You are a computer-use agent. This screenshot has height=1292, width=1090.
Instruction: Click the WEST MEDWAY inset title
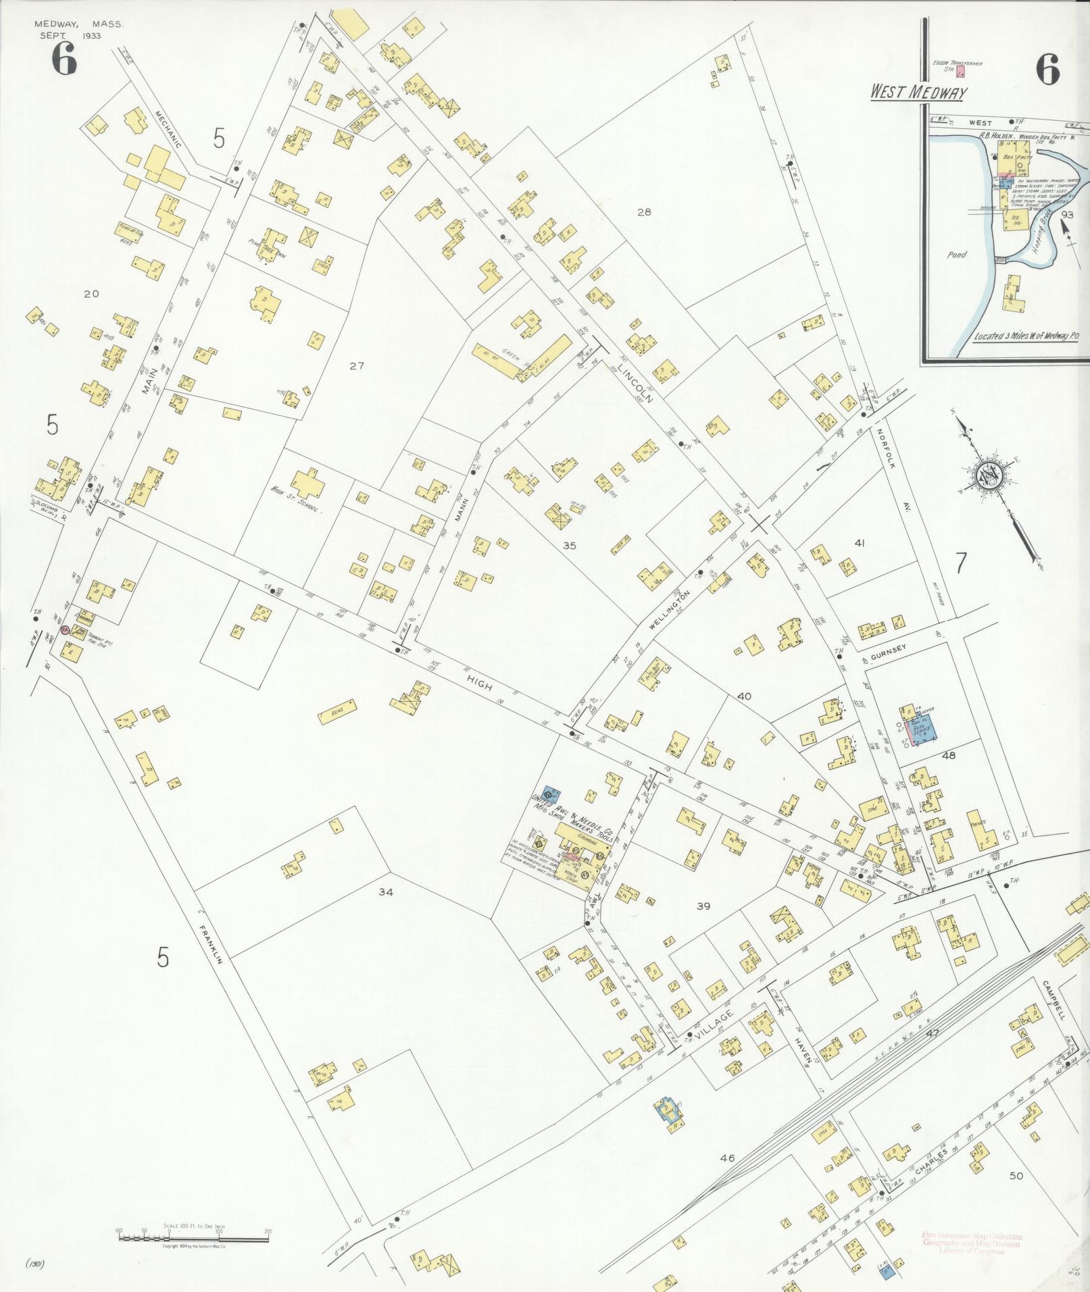[x=918, y=93]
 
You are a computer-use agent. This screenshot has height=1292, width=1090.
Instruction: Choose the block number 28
[x=643, y=212]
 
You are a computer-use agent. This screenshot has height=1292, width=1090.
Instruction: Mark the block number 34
[x=385, y=892]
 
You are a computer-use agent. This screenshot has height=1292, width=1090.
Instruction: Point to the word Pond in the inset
[x=958, y=256]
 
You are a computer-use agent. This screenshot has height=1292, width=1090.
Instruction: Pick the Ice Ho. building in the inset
[x=1014, y=219]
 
